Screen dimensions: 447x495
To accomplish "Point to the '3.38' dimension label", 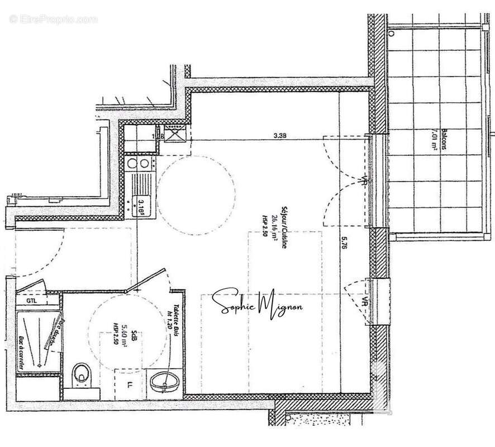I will pos(280,135).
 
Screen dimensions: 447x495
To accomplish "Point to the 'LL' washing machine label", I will pos(130,385).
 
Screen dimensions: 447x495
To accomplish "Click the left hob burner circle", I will pos(132,164).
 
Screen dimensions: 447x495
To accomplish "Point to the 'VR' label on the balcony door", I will pos(364,183).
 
